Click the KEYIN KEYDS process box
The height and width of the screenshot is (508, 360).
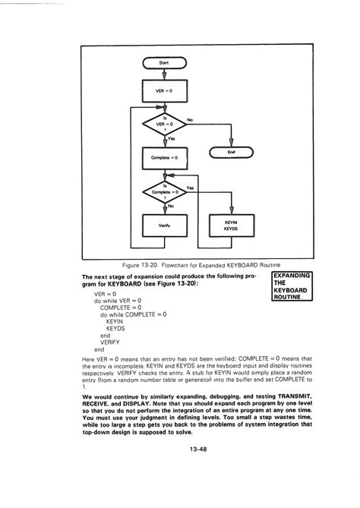point(231,226)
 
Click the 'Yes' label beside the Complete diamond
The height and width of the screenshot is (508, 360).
point(190,187)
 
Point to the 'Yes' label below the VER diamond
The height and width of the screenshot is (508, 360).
point(172,138)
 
